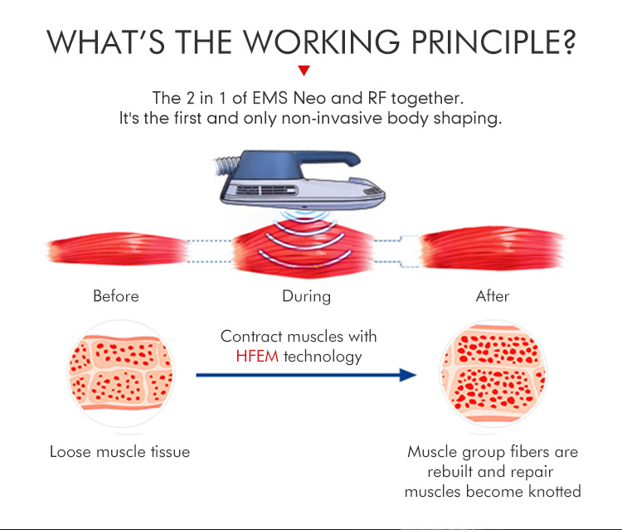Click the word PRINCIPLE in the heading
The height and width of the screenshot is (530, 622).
(482, 42)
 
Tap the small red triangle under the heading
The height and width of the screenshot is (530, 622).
(304, 71)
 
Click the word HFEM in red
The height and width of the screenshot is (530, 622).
(258, 357)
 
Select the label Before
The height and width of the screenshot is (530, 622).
(116, 296)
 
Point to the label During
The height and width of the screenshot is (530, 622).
(306, 296)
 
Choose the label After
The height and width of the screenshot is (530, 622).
(493, 296)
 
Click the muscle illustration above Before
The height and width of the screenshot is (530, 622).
(116, 248)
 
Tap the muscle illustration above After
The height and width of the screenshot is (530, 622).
(493, 248)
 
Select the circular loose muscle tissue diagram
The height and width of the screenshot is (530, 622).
(119, 375)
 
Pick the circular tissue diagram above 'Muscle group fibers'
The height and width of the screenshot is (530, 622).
(493, 375)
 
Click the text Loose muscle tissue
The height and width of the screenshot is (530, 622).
(119, 452)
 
